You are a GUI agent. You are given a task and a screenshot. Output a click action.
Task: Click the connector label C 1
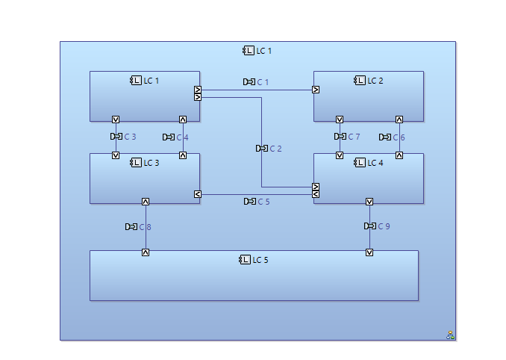[x=263, y=82]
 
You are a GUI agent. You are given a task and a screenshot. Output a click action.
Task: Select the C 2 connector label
[x=275, y=149]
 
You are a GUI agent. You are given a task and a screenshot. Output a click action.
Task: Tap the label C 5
[x=263, y=202]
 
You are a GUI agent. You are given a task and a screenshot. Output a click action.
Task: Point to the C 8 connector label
[x=145, y=227]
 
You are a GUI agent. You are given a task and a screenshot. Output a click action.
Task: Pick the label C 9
[x=384, y=226]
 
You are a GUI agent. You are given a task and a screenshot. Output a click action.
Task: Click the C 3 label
[x=130, y=137]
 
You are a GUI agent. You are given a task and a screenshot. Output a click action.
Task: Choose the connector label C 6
[x=399, y=137]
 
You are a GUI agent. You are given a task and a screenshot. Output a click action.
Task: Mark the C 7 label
[x=354, y=137]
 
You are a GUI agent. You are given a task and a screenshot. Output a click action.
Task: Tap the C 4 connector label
[x=182, y=137]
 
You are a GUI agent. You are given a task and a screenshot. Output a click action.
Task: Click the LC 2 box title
[x=375, y=81]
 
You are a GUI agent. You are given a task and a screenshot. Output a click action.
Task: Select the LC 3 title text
[x=152, y=163]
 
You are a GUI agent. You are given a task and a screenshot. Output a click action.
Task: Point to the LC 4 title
[x=375, y=163]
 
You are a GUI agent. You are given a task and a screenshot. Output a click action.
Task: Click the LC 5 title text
[x=260, y=260]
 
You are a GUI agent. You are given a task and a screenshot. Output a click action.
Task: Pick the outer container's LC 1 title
[x=264, y=51]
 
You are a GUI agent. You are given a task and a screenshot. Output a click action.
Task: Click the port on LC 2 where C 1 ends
[x=316, y=90]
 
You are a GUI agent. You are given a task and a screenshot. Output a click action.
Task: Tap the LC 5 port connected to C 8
[x=146, y=252]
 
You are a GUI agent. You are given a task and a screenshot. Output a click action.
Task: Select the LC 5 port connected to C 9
[x=369, y=252]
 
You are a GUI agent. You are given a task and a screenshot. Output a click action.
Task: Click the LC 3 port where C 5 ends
[x=198, y=194]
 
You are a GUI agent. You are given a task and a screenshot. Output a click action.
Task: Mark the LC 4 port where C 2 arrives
[x=316, y=187]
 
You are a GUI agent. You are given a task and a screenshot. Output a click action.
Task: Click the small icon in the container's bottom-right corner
[x=451, y=335]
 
